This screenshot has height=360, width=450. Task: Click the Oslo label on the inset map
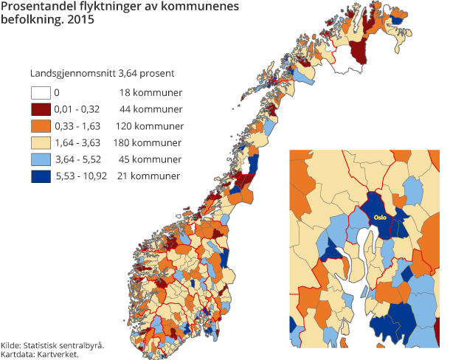point(380,218)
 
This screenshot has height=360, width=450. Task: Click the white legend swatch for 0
point(40,94)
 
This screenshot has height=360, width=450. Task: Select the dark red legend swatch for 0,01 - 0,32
point(40,110)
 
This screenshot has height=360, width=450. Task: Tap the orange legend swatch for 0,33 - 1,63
point(40,126)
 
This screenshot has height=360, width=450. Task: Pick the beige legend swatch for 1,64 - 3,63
point(40,142)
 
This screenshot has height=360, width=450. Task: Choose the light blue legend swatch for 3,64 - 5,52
point(40,159)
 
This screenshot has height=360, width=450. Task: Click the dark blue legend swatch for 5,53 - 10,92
point(40,176)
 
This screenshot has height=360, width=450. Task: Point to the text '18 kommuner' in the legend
point(150,94)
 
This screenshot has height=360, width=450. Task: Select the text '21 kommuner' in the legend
point(148,176)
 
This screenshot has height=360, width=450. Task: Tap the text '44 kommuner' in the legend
point(150,110)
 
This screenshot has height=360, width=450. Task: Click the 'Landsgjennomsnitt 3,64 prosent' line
point(103,74)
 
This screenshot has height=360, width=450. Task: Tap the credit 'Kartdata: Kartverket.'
point(40,354)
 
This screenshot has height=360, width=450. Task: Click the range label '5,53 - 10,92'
point(81,176)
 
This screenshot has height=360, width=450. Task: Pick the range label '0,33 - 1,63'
point(78,126)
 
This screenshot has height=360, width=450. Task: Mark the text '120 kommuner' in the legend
point(148,126)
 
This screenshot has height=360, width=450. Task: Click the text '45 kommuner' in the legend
point(150,159)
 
